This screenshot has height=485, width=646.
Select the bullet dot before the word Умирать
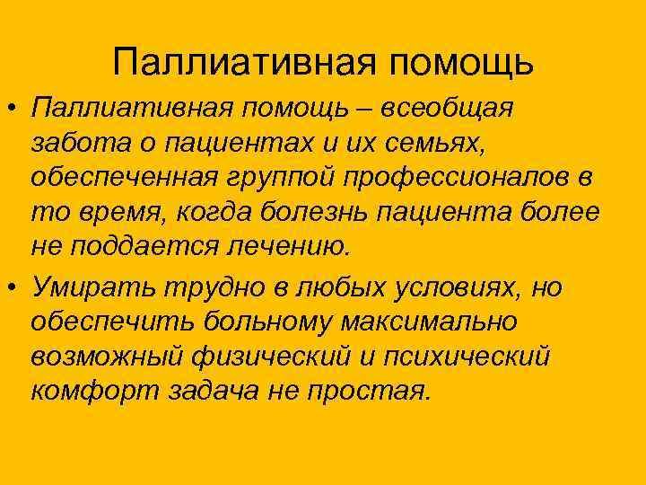click(12, 287)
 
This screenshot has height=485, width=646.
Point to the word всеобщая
click(448, 108)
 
